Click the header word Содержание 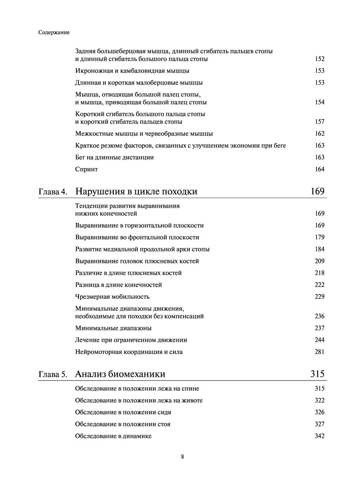[54, 32]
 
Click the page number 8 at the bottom [183, 457]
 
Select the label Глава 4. [53, 192]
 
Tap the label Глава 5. [53, 374]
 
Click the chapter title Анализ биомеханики [120, 374]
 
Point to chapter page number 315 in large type [318, 374]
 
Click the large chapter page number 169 [318, 191]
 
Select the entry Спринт [86, 169]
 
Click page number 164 [320, 169]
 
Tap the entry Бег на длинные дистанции [114, 157]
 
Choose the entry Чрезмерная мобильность [112, 297]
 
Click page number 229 [320, 297]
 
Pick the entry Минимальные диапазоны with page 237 [113, 328]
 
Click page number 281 [320, 352]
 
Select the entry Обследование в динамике [113, 436]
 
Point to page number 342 [320, 436]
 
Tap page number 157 [320, 122]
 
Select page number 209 [320, 261]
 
